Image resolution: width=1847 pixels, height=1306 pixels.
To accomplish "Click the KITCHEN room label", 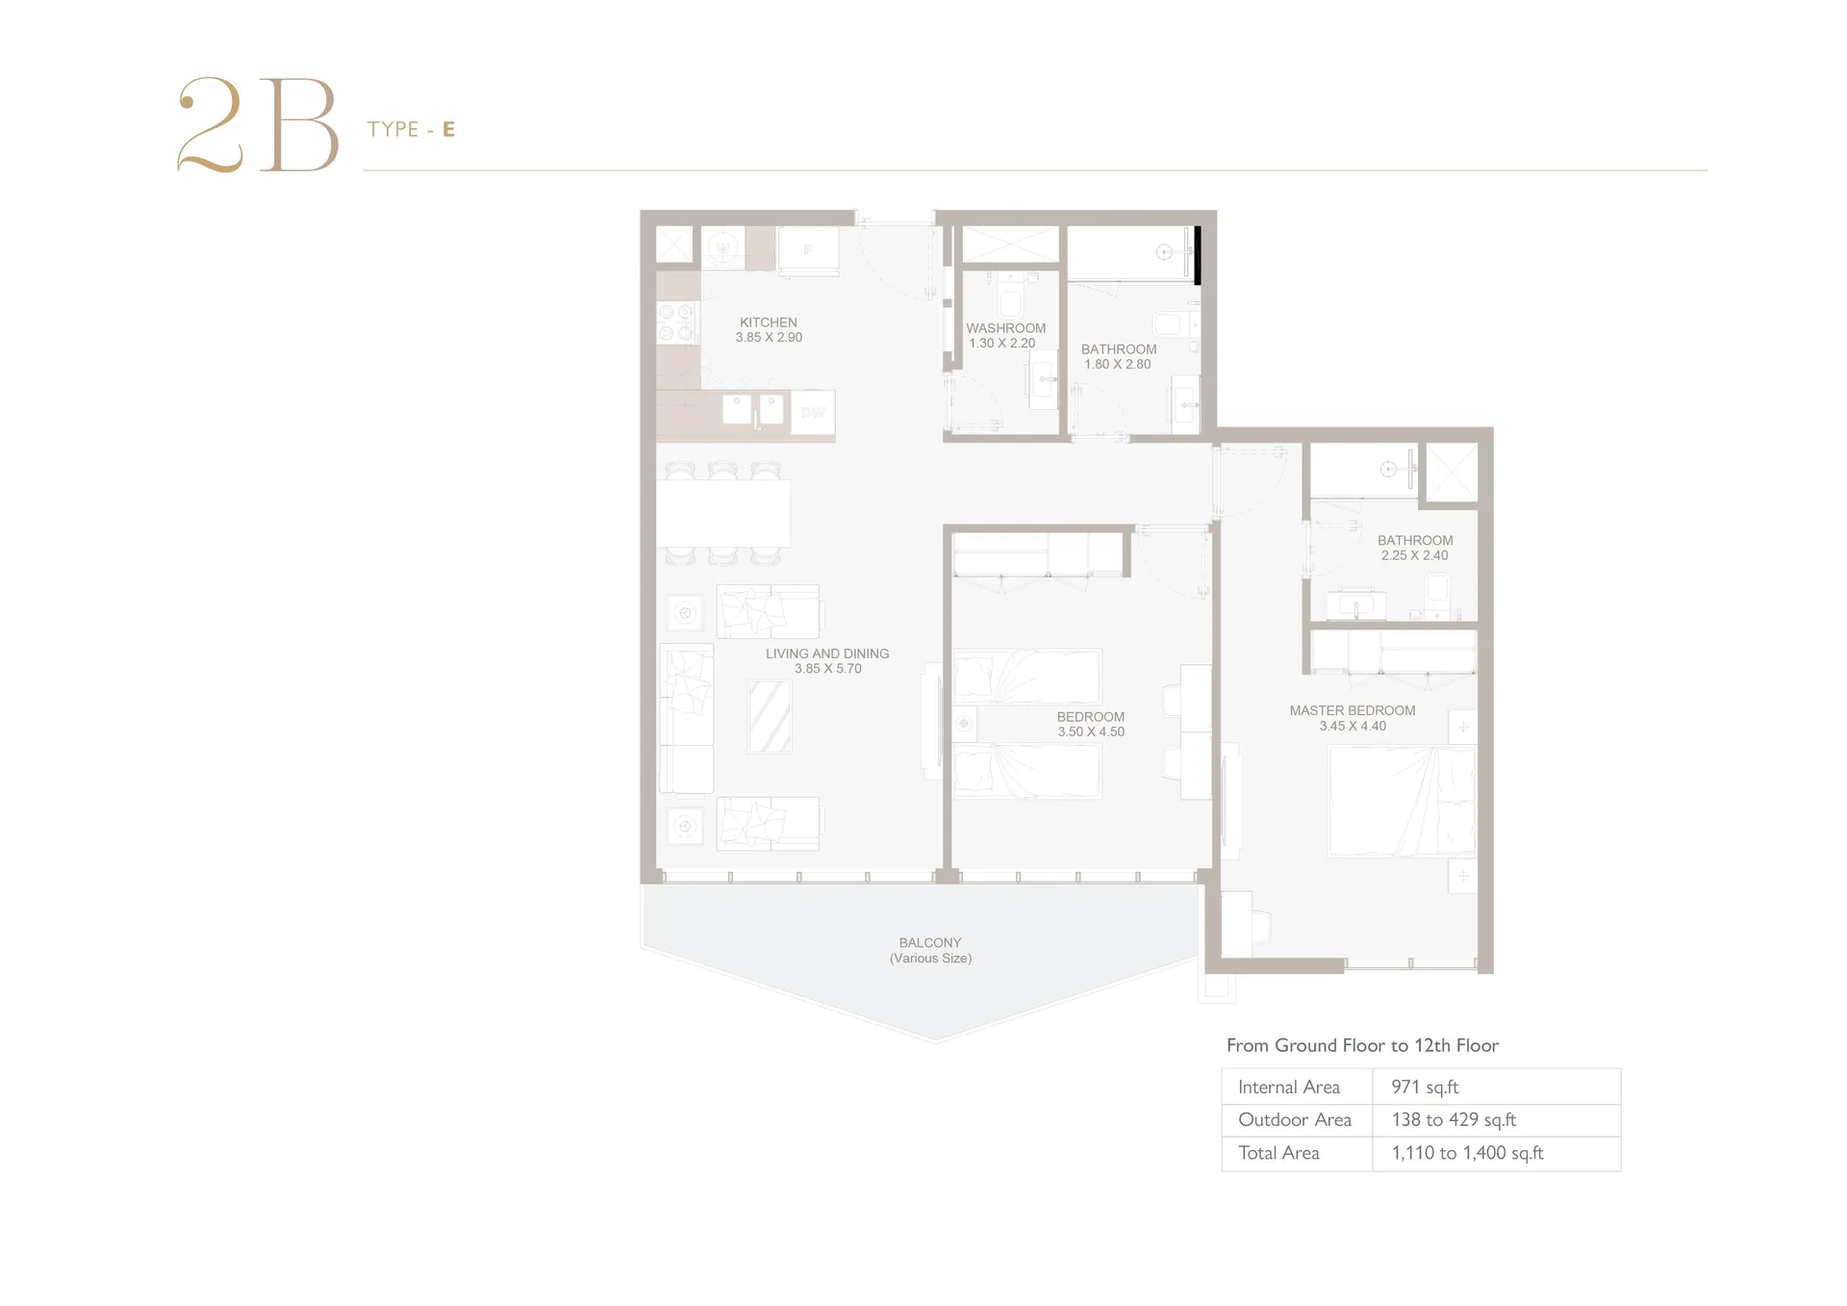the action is tap(768, 322).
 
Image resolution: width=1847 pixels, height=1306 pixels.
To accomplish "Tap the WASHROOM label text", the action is tap(1005, 328).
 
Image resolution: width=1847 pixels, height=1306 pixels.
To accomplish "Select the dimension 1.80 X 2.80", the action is tap(1117, 365).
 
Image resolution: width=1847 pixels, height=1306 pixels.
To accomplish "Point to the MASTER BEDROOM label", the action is tap(1353, 711).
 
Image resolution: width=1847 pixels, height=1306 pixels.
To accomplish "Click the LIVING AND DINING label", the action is tap(827, 653).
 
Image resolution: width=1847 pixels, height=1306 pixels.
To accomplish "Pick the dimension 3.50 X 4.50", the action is tap(1091, 732).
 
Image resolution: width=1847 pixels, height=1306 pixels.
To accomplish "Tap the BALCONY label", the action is tap(930, 943).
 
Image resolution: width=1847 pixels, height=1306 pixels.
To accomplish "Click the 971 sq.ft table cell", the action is tap(1425, 1087).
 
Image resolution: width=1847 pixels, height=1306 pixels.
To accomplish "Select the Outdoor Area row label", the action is tap(1295, 1119).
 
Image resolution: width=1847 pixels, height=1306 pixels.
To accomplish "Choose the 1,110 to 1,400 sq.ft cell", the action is tap(1467, 1153).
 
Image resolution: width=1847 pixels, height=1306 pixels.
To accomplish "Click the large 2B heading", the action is tap(258, 125).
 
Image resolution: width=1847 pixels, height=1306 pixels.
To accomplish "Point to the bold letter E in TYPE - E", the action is tap(448, 129).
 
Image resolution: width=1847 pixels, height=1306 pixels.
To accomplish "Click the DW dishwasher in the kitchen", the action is tap(813, 414).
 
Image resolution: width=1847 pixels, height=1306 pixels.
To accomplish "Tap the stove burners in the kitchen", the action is tap(675, 322).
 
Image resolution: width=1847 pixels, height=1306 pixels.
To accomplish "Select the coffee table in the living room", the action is tap(770, 716).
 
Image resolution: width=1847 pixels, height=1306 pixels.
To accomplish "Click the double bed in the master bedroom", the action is tap(1402, 801).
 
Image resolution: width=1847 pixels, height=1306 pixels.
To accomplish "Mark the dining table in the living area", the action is tap(723, 513).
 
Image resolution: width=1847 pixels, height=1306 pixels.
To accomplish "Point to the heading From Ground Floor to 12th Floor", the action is tap(1362, 1045).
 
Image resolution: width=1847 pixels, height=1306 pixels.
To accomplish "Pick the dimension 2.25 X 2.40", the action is tap(1414, 555).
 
